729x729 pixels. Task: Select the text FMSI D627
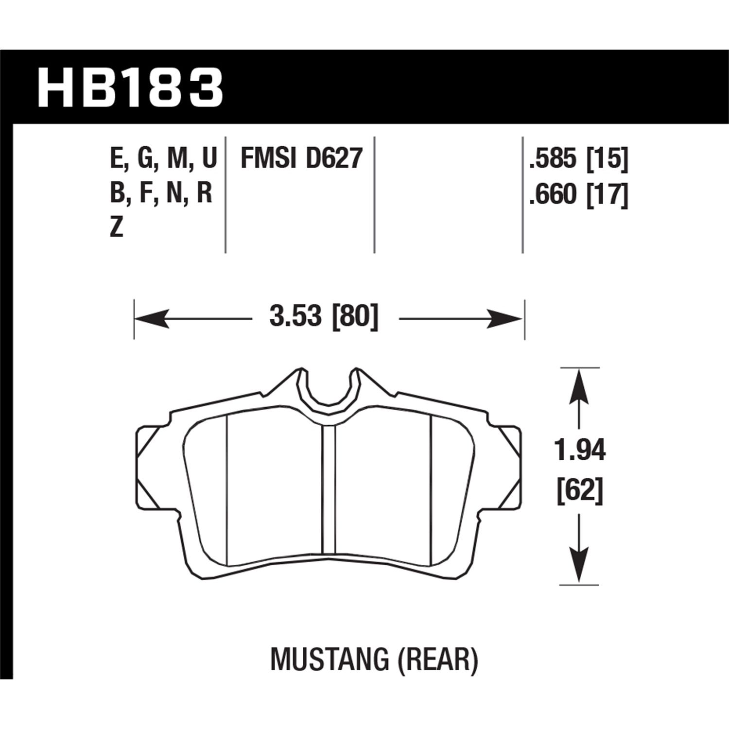[302, 158]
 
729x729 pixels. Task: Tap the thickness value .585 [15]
[578, 158]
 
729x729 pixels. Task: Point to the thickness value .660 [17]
[578, 195]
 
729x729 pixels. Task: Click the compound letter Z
[116, 227]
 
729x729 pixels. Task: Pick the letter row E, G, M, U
[163, 158]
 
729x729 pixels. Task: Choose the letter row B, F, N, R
[161, 193]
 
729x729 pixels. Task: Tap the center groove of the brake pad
[329, 491]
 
